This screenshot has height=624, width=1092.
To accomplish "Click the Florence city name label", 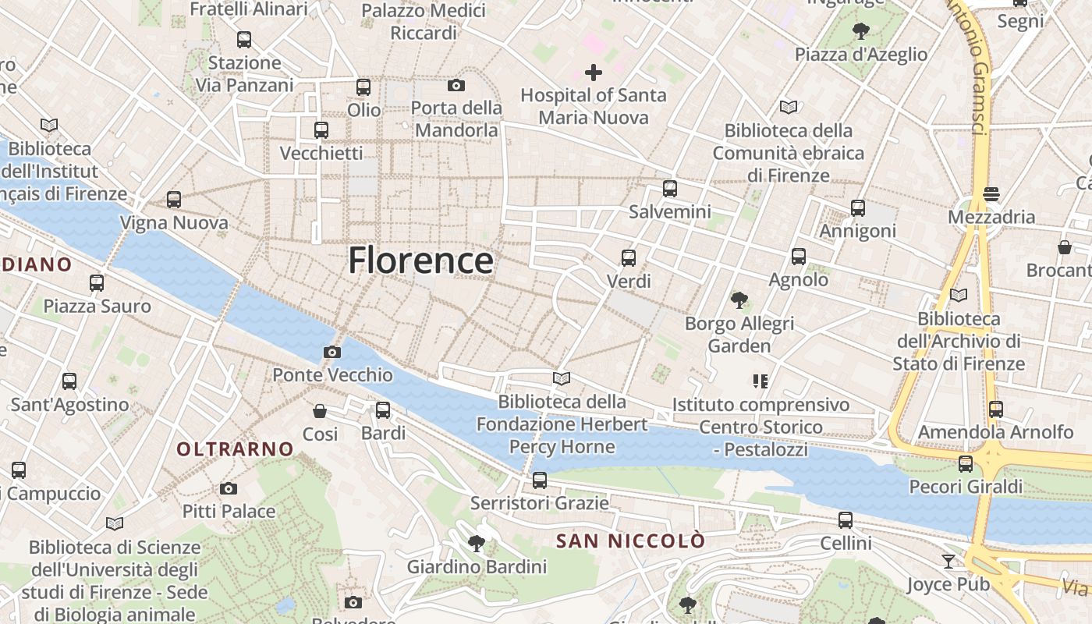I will click(x=420, y=261).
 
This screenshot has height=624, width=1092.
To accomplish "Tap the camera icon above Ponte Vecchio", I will click(x=331, y=353).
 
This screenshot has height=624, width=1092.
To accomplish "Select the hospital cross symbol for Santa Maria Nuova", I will click(x=594, y=73).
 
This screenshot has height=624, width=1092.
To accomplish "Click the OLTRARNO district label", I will click(x=235, y=449).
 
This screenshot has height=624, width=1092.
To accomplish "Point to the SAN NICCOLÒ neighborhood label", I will click(x=631, y=541).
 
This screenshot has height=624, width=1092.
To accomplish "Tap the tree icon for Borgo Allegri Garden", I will click(x=739, y=300).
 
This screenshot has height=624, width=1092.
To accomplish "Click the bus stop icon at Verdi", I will click(x=629, y=258).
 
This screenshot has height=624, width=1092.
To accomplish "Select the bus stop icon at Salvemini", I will click(x=670, y=189).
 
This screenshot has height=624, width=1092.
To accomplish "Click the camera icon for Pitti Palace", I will click(x=229, y=489).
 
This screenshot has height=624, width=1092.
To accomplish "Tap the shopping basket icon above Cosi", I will click(x=320, y=411).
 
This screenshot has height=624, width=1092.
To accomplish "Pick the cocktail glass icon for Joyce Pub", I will click(x=948, y=562).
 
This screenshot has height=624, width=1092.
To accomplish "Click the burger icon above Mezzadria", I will click(x=991, y=193).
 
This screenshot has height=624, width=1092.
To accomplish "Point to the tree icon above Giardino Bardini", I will click(x=477, y=543).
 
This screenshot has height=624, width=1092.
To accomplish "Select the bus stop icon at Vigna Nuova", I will click(x=174, y=200).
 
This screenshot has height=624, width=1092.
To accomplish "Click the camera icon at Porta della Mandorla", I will click(x=456, y=85).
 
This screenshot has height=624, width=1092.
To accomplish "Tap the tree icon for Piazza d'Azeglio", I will click(x=861, y=31).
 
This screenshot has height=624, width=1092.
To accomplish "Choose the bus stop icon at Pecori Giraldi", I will click(x=966, y=465).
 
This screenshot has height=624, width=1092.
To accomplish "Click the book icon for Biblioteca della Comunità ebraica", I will click(x=789, y=108).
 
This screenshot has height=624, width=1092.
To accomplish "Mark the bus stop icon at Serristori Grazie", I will click(x=540, y=480).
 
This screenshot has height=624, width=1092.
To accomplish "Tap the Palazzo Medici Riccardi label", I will click(x=424, y=22).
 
